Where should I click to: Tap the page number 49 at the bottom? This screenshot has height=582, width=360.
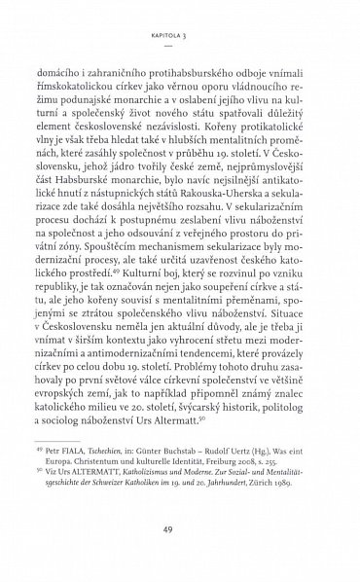[180, 527]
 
